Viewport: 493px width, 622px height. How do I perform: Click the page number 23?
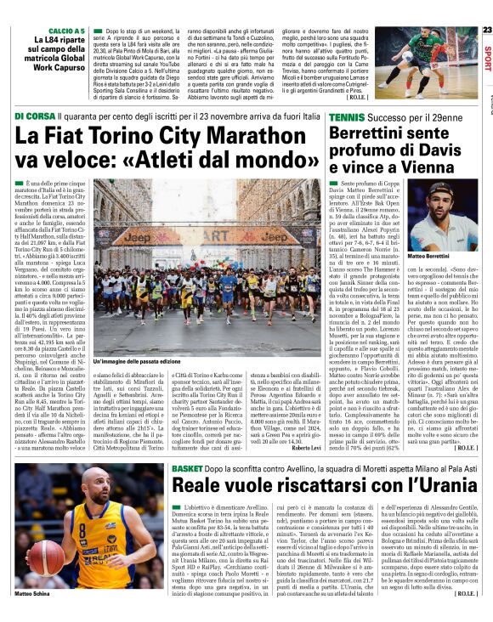point(487,31)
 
